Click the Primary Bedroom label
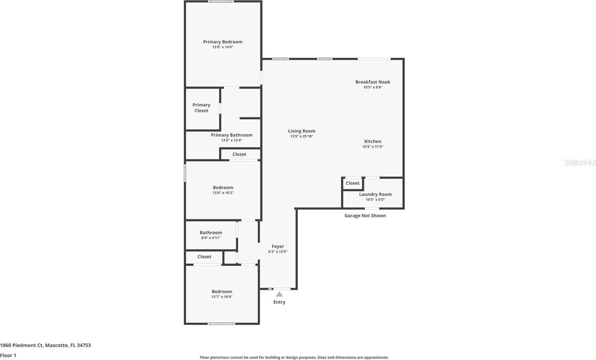(223, 42)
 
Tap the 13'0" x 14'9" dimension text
(223, 47)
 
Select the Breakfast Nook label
(373, 82)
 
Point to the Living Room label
(301, 131)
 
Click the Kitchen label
(373, 141)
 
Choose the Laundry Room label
(375, 194)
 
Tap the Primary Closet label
(201, 108)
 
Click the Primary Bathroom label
(231, 135)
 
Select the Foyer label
(278, 246)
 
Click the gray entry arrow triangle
(279, 294)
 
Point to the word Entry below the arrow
(279, 302)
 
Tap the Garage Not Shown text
(365, 215)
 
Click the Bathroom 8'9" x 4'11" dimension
(211, 238)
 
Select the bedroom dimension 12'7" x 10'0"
(222, 297)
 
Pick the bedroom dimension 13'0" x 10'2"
(223, 193)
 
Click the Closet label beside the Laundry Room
(352, 183)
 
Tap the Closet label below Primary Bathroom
(239, 154)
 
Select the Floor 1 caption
(8, 355)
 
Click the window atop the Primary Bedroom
(221, 2)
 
